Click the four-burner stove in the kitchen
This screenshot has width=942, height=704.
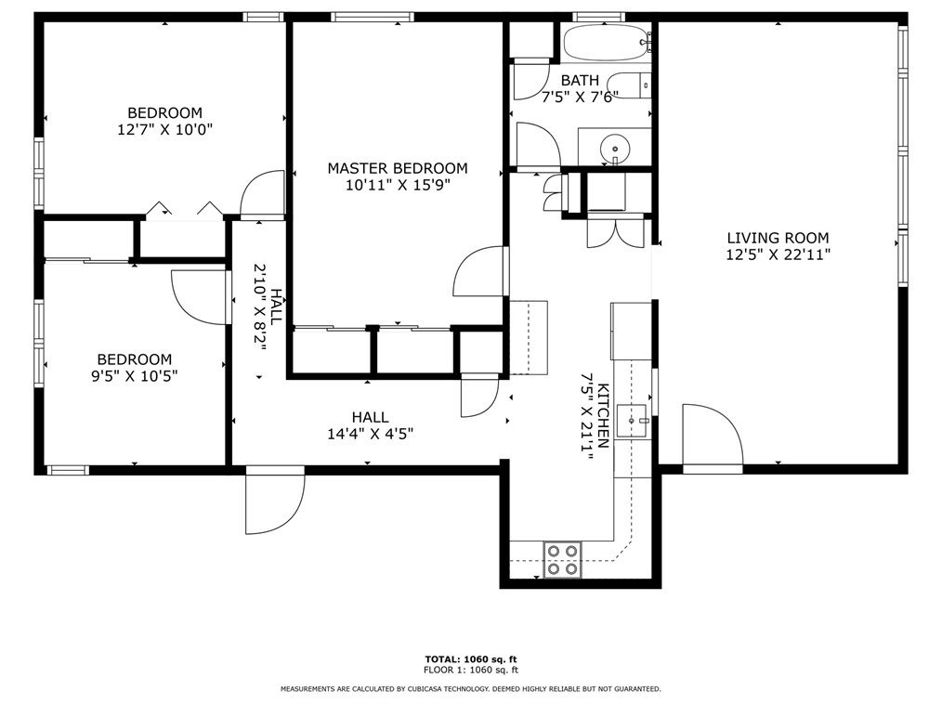pos(562,559)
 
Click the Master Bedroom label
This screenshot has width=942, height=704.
pos(398,168)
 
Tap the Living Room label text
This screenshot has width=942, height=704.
pos(778,238)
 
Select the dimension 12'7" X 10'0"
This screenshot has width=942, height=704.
pos(164,130)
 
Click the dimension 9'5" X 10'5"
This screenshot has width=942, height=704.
pos(135,376)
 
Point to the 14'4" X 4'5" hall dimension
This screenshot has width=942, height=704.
pos(370,434)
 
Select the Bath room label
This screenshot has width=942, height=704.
pos(580,80)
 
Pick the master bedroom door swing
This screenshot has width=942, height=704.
pos(479,271)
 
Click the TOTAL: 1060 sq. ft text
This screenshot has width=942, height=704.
pos(470,658)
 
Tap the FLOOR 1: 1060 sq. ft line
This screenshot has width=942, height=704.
pos(470,670)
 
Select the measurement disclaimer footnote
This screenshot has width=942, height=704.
pos(470,689)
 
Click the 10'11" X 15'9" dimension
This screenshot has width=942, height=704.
pos(398,185)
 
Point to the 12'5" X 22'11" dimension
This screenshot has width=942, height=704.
pos(778,254)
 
